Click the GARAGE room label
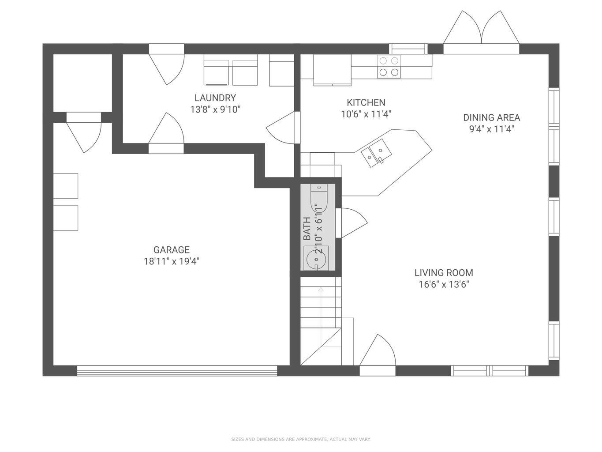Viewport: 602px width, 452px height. (x=172, y=250)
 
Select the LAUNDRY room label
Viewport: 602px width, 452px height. (x=215, y=98)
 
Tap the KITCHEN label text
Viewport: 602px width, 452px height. (x=366, y=102)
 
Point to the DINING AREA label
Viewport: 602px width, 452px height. (x=491, y=117)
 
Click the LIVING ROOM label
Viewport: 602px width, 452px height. (x=444, y=273)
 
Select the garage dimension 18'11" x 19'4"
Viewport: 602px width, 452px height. (x=172, y=261)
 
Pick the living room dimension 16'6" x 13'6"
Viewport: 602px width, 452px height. (x=444, y=284)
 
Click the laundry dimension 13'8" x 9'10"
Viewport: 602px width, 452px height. (x=215, y=109)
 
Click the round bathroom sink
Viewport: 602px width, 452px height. (x=316, y=258)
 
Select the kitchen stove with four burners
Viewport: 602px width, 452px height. (x=389, y=67)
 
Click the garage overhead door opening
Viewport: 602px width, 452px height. (x=177, y=371)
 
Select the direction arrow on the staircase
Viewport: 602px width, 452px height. (x=321, y=290)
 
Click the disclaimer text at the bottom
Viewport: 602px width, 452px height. (x=301, y=439)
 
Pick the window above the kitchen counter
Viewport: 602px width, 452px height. (x=408, y=49)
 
